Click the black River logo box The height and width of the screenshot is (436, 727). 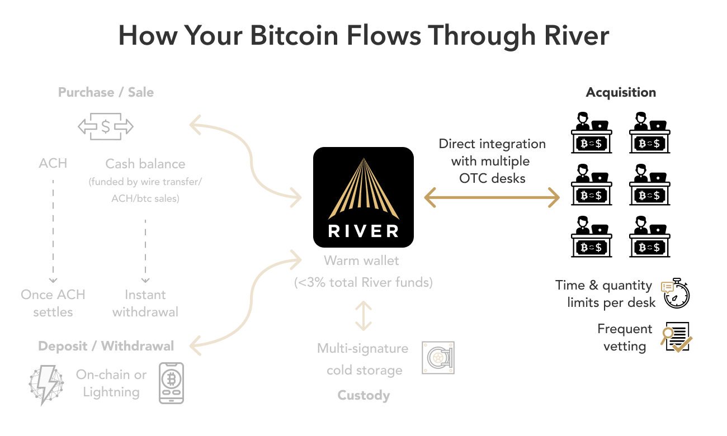click(363, 197)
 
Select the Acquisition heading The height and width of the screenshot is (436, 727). click(621, 92)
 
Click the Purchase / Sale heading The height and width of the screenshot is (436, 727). click(106, 92)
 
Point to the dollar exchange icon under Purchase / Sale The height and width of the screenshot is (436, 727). click(106, 127)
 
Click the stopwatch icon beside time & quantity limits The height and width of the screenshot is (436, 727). click(676, 293)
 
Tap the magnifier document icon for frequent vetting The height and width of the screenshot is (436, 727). click(676, 337)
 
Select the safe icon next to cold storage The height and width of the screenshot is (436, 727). click(438, 358)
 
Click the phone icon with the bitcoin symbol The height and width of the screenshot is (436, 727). click(171, 383)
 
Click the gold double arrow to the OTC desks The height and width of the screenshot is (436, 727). click(492, 197)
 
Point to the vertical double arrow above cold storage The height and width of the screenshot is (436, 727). click(363, 316)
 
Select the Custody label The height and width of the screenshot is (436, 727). click(363, 396)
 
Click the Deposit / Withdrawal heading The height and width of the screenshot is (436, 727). click(106, 346)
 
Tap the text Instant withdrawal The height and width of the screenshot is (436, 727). click(145, 303)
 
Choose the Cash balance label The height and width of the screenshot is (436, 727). click(145, 164)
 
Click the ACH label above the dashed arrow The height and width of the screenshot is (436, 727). click(53, 163)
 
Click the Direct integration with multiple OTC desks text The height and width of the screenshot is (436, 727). click(492, 161)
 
